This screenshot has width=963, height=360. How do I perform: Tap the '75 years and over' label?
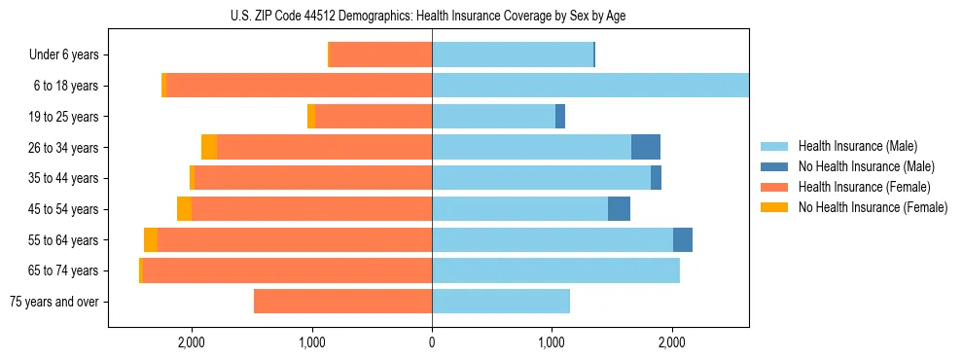pos(53,302)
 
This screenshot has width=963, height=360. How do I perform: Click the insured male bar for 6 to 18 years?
pos(589,86)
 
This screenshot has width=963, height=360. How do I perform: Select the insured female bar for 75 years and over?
pos(342,302)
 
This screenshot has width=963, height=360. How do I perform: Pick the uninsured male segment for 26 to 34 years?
pos(646,147)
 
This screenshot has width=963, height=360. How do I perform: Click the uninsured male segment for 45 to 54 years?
pos(619,209)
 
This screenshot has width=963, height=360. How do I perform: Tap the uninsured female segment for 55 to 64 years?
pos(151,240)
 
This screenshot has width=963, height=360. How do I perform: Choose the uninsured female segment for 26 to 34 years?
pos(209,147)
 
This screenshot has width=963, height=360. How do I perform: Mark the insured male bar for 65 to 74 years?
pos(555,270)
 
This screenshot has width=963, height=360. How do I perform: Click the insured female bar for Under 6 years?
pos(380,55)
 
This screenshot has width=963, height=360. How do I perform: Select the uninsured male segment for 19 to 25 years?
pos(560,117)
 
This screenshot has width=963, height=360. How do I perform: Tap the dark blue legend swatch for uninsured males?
pos(774,166)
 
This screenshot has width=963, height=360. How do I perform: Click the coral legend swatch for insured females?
pos(774,187)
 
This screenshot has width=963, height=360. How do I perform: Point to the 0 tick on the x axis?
pos(432,342)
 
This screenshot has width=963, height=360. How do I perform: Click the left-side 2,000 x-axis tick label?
pos(192,342)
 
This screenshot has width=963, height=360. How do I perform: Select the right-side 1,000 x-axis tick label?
pos(552,342)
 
